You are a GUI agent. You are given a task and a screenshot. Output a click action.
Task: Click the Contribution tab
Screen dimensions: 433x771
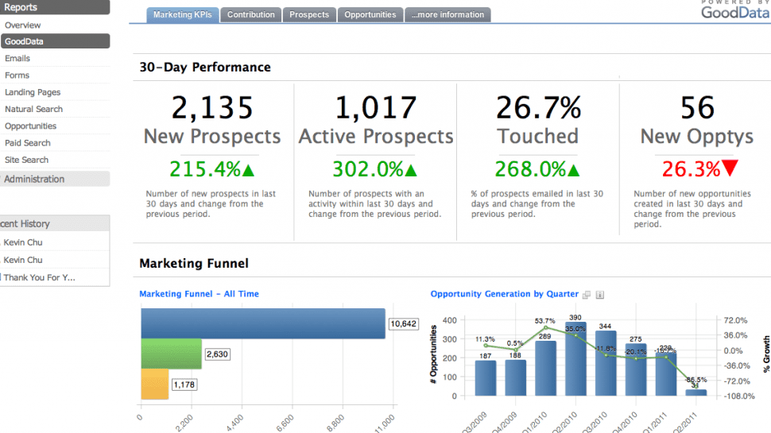pos(251,14)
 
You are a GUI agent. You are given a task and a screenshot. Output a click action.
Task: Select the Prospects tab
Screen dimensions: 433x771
pos(309,14)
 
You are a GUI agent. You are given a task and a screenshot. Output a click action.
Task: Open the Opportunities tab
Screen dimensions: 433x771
pos(370,14)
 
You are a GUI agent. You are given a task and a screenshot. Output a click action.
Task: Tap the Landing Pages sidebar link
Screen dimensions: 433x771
pos(33,92)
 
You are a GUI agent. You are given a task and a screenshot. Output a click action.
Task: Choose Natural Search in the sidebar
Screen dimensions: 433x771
pos(33,109)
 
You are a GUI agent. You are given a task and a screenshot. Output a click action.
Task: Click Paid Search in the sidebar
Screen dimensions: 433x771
pos(28,143)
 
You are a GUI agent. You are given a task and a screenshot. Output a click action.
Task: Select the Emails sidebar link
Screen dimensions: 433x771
pos(17,58)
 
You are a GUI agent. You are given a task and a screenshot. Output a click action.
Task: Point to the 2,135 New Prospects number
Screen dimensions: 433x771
pos(212,107)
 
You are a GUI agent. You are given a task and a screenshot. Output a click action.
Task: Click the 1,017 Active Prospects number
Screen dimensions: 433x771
pos(376,107)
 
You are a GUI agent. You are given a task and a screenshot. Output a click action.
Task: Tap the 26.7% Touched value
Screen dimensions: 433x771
pos(538,107)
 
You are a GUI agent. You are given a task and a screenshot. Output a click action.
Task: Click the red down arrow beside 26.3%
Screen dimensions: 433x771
pos(730,169)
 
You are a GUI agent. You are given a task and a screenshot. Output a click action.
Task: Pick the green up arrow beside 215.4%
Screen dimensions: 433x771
pos(248,169)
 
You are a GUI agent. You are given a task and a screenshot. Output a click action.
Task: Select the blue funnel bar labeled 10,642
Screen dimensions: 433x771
pos(263,323)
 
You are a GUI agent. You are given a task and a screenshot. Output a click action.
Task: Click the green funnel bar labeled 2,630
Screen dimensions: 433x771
pos(171,354)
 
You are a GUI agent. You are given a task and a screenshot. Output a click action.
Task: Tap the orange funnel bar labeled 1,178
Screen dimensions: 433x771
pos(155,384)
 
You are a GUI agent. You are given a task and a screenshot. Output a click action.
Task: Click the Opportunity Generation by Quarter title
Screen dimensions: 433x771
pos(504,294)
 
